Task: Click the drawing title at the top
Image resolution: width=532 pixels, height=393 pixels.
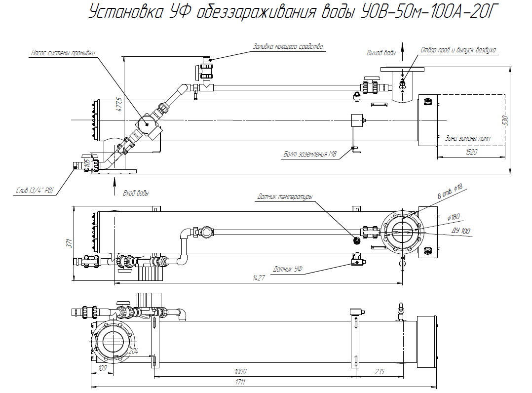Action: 291,13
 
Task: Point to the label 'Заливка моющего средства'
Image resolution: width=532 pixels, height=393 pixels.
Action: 288,47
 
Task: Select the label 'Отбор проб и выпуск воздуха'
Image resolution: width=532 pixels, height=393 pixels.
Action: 458,50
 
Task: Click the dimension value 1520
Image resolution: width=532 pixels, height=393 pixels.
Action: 471,153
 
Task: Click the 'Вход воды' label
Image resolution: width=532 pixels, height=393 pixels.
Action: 136,193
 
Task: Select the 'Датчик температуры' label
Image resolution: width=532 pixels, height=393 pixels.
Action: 285,197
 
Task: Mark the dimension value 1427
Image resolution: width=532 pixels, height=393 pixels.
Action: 259,278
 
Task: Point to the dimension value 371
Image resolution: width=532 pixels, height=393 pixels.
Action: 70,243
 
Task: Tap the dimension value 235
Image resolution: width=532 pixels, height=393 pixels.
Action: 379,371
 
